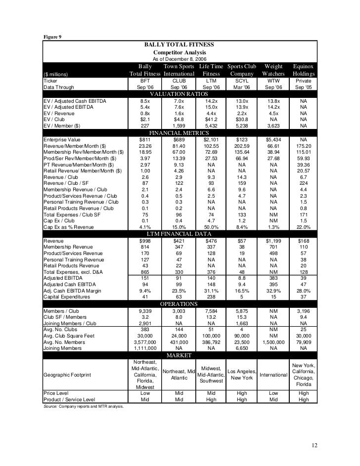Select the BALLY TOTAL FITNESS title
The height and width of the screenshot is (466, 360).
[x=180, y=44]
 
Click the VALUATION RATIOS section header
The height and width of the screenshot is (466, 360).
[x=180, y=94]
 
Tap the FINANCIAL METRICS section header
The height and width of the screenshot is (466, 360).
[x=180, y=133]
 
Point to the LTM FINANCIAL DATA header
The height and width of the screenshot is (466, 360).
[x=180, y=233]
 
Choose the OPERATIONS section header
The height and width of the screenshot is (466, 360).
[x=180, y=303]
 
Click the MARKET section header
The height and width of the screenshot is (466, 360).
[x=180, y=355]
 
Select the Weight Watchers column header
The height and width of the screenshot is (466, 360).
[x=273, y=70]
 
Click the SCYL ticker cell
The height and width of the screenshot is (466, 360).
[x=242, y=81]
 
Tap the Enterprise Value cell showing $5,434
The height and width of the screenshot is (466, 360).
[x=273, y=140]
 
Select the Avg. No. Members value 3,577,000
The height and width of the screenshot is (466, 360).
[x=145, y=342]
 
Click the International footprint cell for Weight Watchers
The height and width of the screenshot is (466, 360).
[x=273, y=374]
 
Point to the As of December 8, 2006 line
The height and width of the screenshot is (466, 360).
[x=180, y=59]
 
